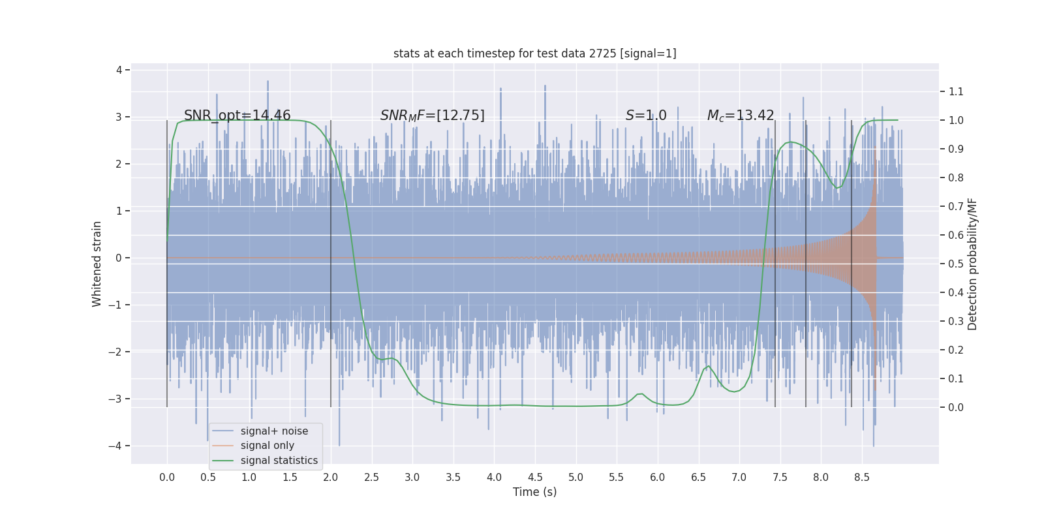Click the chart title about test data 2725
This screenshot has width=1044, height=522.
[x=534, y=54]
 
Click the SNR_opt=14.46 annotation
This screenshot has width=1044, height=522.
[x=237, y=115]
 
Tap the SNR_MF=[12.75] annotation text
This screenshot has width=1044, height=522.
[x=432, y=115]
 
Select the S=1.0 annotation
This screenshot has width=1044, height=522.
[x=645, y=115]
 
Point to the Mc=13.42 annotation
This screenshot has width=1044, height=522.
[x=740, y=115]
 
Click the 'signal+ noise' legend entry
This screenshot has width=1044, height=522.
[x=274, y=431]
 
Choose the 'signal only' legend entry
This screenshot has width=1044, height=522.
[x=267, y=446]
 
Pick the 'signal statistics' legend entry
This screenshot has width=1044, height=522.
[x=279, y=461]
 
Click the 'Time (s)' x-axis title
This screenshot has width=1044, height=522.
[x=534, y=492]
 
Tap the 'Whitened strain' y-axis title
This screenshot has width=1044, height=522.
[x=97, y=264]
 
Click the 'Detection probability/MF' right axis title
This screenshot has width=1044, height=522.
[x=972, y=264]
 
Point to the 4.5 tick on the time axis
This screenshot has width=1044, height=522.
[x=535, y=477]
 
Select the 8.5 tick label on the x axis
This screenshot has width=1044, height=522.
[x=861, y=477]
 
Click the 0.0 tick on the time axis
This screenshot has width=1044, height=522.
[x=167, y=477]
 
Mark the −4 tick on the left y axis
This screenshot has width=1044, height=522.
[x=118, y=446]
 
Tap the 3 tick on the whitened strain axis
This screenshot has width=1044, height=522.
[x=119, y=117]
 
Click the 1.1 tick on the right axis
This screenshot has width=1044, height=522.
[x=956, y=91]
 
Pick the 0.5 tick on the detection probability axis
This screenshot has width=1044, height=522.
[x=956, y=264]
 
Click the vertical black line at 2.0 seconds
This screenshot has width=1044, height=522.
[x=331, y=261]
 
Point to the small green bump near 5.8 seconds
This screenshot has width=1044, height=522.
[x=639, y=394]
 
